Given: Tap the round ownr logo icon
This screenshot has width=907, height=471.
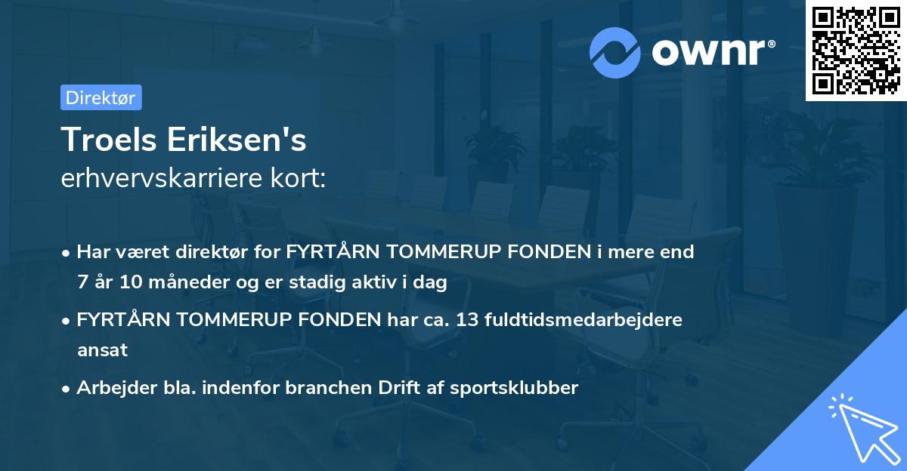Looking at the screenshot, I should tap(615, 52).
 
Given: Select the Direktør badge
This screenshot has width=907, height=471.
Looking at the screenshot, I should tap(101, 97).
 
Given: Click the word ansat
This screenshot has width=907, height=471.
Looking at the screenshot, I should tap(102, 350).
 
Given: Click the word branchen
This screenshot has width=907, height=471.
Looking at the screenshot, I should tap(330, 388).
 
